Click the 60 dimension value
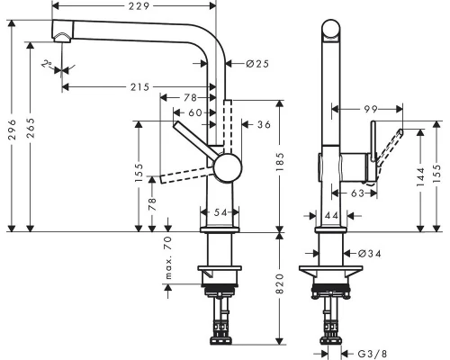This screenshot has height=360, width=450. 195,112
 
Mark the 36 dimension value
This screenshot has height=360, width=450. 263,123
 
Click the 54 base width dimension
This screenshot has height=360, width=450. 220,212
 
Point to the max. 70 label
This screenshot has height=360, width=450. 167,261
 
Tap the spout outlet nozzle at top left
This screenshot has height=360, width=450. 62,36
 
